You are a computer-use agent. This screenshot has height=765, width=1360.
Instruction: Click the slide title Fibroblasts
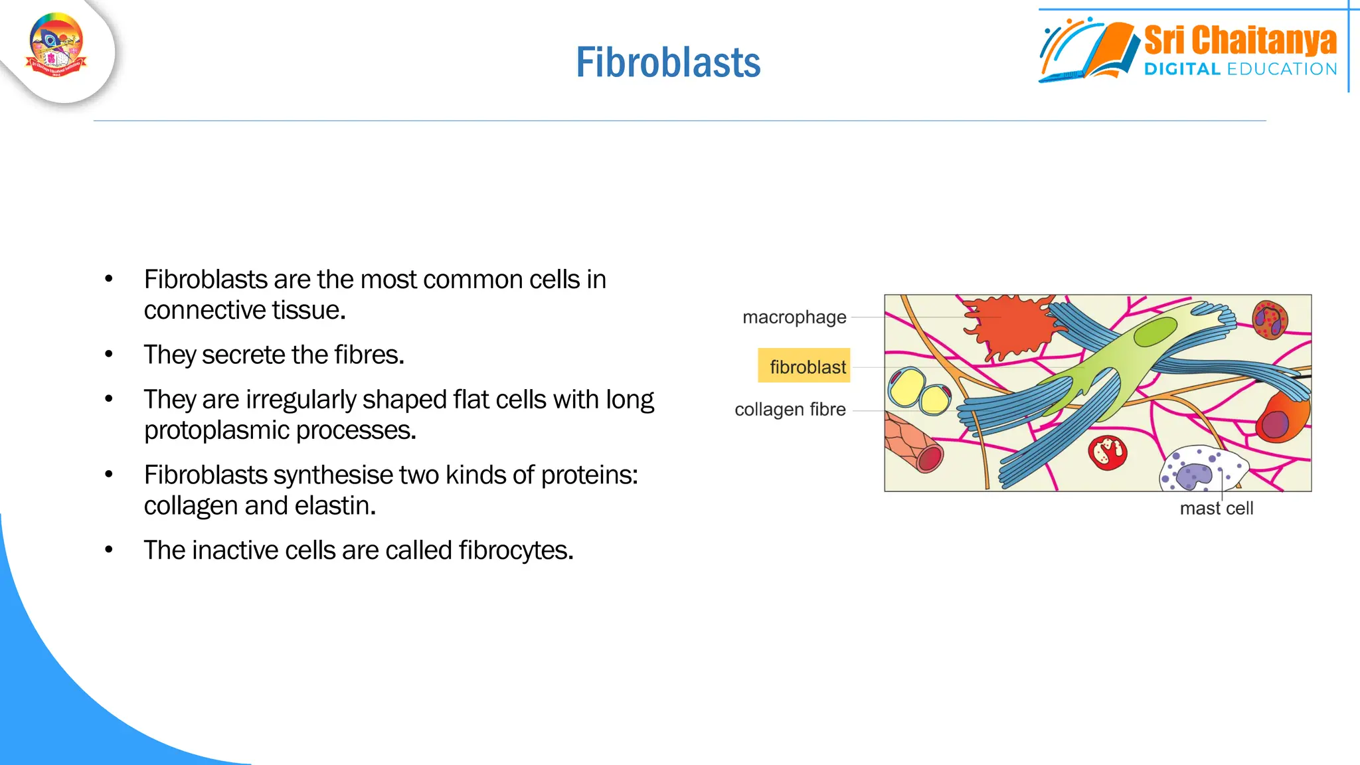pos(668,63)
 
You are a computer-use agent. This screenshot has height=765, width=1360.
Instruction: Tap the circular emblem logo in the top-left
pos(56,45)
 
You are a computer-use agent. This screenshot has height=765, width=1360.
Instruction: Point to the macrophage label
pos(794,317)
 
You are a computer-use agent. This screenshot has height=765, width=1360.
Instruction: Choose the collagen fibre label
pos(790,410)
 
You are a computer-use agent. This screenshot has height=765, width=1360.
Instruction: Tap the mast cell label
pos(1216,509)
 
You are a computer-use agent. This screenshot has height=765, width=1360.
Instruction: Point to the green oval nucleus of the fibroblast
pos(1155,331)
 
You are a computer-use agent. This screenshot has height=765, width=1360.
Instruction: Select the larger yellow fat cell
pos(906,388)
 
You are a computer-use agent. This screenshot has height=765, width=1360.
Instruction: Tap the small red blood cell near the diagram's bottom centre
pos(1107,453)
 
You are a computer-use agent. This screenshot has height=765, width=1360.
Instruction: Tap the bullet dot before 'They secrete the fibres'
pos(109,355)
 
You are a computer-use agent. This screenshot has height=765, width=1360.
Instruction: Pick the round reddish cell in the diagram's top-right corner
pos(1270,319)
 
